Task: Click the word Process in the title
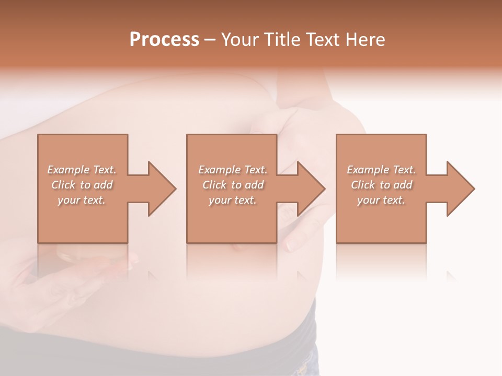164,40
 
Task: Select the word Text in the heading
324,40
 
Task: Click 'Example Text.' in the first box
82,170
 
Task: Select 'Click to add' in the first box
82,185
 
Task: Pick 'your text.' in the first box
82,200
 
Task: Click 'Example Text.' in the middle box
233,170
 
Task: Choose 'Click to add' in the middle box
233,185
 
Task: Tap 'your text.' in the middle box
233,200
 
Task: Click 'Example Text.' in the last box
381,170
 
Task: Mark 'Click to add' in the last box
381,185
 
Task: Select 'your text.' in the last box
381,200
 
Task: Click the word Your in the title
241,40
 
